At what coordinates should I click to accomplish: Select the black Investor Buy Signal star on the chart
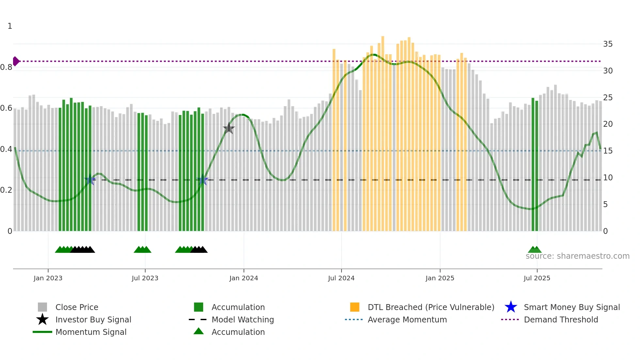[x=229, y=128]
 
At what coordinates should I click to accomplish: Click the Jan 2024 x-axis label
[x=244, y=278]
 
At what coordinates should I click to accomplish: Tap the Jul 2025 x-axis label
[x=537, y=278]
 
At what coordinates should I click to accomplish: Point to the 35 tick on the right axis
[x=608, y=44]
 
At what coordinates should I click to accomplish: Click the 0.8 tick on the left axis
[x=7, y=67]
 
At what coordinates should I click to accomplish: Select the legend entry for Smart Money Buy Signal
[x=571, y=307]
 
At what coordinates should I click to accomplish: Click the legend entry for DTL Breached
[x=431, y=307]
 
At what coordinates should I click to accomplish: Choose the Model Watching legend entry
[x=242, y=319]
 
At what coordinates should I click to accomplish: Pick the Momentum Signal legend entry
[x=91, y=332]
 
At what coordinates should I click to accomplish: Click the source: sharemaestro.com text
[x=577, y=256]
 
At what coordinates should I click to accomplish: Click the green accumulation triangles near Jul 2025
[x=535, y=250]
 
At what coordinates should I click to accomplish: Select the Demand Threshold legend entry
[x=561, y=319]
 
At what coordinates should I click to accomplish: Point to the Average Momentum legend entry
[x=407, y=319]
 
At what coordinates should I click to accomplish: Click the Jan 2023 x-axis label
[x=48, y=278]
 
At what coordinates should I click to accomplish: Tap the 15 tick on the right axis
[x=608, y=151]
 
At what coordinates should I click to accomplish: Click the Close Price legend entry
[x=76, y=307]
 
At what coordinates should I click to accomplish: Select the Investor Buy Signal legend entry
[x=93, y=319]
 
